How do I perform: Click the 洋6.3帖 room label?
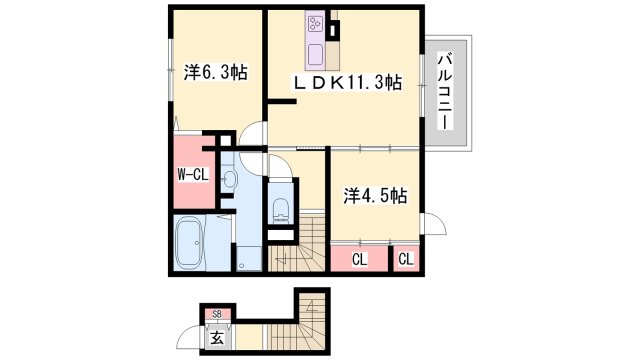tap(215, 73)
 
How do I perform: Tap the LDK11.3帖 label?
tap(347, 83)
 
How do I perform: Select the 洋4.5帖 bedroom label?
tap(375, 196)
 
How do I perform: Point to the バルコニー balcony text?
tap(444, 91)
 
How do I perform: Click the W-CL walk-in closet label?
tap(193, 175)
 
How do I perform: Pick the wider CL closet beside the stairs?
tap(360, 259)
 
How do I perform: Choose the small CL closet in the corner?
tap(406, 259)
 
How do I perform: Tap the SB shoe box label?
tap(217, 314)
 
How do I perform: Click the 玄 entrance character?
tap(217, 338)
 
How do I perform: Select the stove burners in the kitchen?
tap(315, 24)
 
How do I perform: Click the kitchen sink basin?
tap(316, 55)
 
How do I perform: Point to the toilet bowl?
tap(280, 209)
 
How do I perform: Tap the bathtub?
tap(188, 243)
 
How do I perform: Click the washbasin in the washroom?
tap(230, 179)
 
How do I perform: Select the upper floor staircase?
tap(296, 244)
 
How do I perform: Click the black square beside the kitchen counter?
tap(334, 29)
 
